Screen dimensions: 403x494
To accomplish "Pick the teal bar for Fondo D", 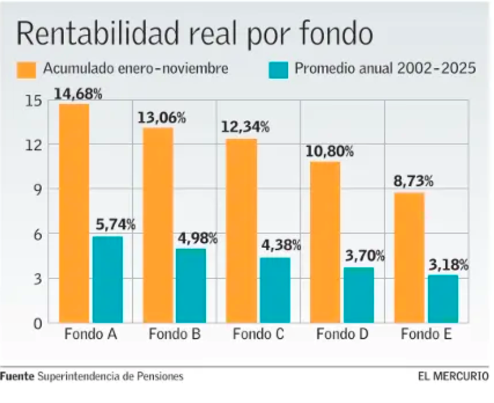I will pos(359,294).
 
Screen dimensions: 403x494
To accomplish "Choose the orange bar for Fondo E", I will pos(409,257).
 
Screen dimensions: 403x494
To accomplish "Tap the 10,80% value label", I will pos(329,151).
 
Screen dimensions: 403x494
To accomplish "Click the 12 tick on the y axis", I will pos(35,145).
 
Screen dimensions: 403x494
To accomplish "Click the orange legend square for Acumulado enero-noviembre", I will pos(27,69).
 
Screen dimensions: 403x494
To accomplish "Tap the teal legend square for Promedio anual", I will pos(279,69).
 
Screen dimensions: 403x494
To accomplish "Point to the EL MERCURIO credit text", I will pos(453,376).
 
